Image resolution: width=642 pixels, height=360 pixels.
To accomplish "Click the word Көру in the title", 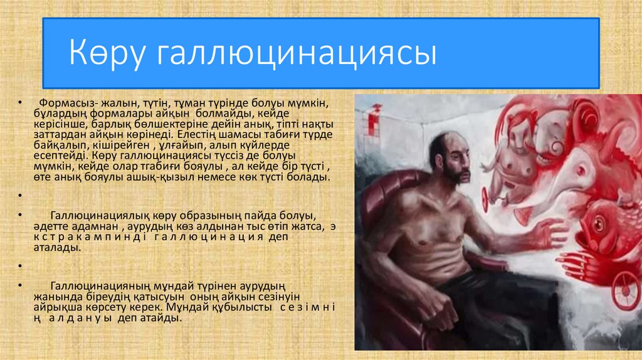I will (106, 53).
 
